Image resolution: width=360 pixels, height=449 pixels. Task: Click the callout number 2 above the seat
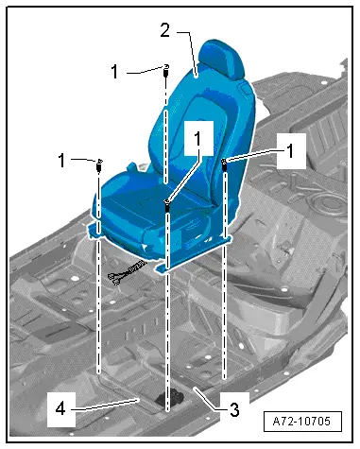point(165,30)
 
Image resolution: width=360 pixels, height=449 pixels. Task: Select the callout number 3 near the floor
point(234,409)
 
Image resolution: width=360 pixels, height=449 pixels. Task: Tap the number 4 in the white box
point(60,409)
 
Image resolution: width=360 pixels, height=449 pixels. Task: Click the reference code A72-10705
point(301,421)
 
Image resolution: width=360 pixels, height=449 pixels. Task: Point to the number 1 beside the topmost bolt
point(114,72)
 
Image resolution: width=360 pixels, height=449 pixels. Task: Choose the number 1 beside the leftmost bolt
point(61,161)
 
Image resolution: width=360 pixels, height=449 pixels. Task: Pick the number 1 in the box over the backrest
point(197,139)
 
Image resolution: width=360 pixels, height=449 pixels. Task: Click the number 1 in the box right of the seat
point(290,151)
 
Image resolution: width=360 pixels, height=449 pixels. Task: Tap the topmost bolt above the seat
point(166,71)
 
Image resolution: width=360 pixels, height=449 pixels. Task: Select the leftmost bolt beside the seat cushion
point(100,165)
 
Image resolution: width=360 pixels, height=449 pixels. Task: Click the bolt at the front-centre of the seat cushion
point(167,205)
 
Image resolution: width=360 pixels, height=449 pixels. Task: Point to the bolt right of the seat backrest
point(224,164)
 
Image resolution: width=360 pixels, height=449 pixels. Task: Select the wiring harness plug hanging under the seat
point(126,272)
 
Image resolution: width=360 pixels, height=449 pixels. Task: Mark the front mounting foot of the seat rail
point(163,269)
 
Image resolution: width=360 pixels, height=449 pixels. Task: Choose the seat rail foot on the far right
point(226,239)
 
